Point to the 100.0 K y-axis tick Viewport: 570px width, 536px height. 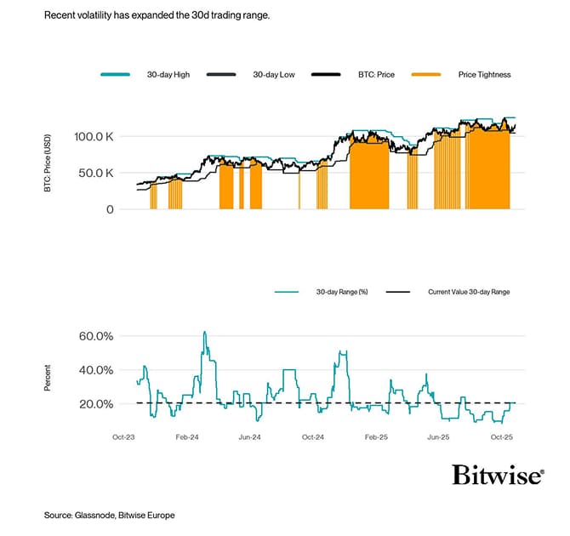96,136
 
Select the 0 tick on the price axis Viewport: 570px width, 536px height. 110,209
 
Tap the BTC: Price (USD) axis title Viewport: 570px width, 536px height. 48,164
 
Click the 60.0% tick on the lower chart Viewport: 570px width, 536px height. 95,336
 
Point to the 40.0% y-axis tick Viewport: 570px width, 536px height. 95,370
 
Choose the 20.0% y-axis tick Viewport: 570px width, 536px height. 95,404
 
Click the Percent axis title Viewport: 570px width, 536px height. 48,378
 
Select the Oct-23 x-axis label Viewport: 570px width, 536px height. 124,436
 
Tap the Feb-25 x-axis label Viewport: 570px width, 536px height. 376,436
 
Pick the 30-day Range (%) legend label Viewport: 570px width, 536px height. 341,292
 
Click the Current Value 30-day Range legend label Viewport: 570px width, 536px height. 469,292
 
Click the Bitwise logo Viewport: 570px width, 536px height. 497,475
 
